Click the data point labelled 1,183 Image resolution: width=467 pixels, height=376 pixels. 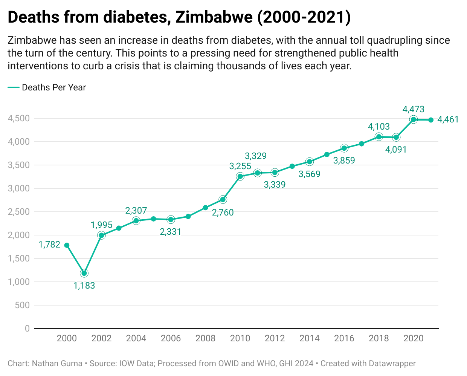pos(84,273)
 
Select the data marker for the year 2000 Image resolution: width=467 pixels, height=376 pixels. pos(67,245)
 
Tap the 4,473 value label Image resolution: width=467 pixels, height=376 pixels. pos(413,109)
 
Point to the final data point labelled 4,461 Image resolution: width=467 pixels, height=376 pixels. pos(431,120)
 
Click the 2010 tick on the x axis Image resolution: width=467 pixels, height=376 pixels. pos(240,338)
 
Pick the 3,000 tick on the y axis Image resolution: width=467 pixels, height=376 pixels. pos(19,188)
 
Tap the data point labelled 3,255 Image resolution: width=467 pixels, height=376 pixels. pos(240,176)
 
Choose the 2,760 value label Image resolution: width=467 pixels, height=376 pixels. pos(223,212)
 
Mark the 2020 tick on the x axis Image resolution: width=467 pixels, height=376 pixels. pos(413,338)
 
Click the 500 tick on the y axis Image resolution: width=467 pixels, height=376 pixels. pos(22,305)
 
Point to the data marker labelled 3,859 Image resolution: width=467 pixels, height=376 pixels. pos(344,148)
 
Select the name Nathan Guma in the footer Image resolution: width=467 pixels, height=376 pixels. pos(57,364)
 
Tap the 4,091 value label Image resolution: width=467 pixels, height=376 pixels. pos(396,150)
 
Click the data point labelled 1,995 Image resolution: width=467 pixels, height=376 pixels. pos(101,235)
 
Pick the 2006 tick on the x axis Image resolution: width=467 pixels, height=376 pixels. pos(171,338)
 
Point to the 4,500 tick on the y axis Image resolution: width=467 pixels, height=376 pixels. pos(19,118)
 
